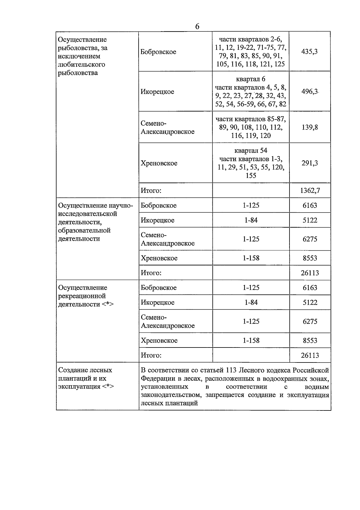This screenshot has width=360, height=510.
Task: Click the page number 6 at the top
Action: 197,26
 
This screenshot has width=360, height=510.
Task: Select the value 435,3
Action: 309,52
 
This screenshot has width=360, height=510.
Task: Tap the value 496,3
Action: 309,92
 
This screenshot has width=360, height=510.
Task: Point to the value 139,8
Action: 310,127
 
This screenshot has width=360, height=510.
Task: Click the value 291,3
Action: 310,163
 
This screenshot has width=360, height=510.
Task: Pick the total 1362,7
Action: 310,191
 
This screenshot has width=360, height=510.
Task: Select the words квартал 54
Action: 251,151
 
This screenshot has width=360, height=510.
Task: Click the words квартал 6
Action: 250,79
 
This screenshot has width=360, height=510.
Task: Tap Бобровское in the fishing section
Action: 158,52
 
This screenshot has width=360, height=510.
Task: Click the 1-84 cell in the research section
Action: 251,220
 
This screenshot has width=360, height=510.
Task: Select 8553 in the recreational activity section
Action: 310,341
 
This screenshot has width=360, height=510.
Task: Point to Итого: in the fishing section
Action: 151,191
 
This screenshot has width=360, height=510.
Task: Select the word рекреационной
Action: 82,296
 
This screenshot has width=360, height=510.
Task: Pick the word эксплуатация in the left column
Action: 79,387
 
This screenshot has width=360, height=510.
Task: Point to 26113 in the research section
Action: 310,273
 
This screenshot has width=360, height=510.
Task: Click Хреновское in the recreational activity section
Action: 159,341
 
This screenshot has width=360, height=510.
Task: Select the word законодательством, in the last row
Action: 171,395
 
